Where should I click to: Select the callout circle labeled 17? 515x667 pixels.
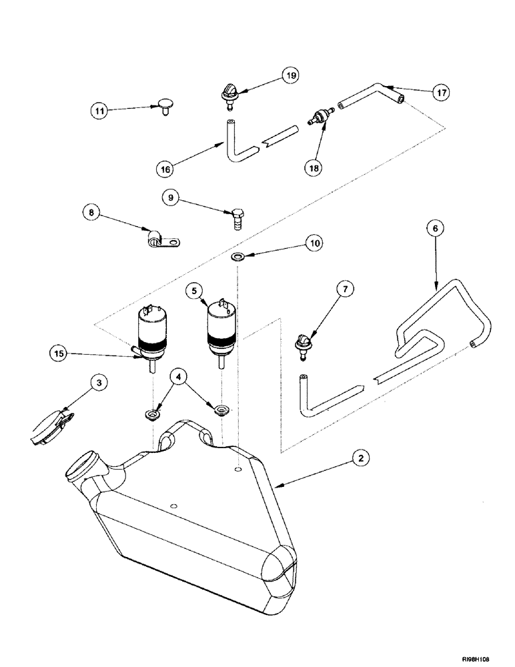[x=441, y=93]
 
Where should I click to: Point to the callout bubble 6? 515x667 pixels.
[x=436, y=228]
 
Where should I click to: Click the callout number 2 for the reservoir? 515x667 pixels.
[x=360, y=459]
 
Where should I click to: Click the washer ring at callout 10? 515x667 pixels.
[x=237, y=257]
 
